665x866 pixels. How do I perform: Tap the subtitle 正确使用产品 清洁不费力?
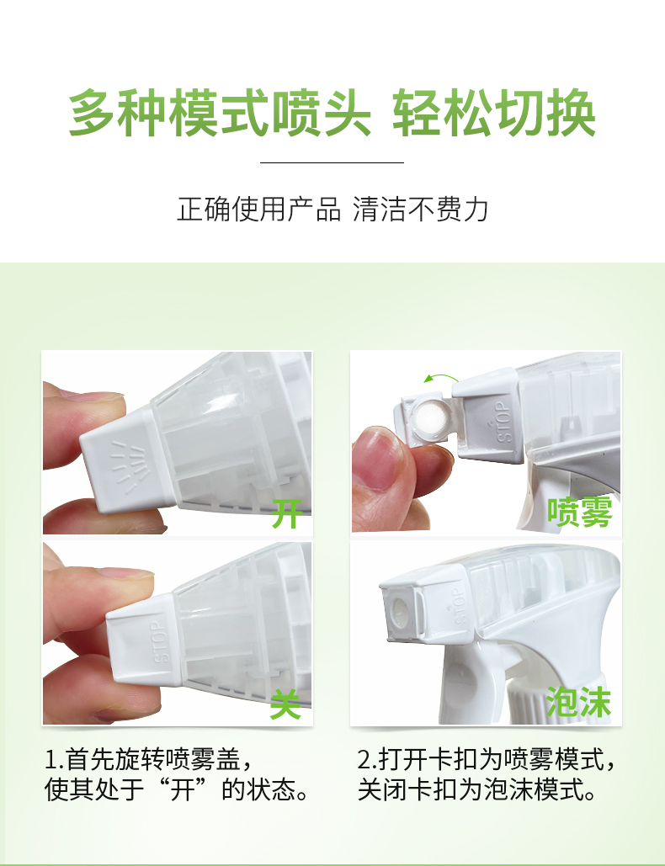[332, 210]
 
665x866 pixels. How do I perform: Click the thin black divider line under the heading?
[332, 162]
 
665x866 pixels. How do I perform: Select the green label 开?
[287, 513]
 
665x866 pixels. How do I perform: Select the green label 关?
[286, 704]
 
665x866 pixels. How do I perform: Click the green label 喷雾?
[579, 512]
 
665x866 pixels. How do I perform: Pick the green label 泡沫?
[579, 703]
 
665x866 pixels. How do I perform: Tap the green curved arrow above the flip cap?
[441, 380]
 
